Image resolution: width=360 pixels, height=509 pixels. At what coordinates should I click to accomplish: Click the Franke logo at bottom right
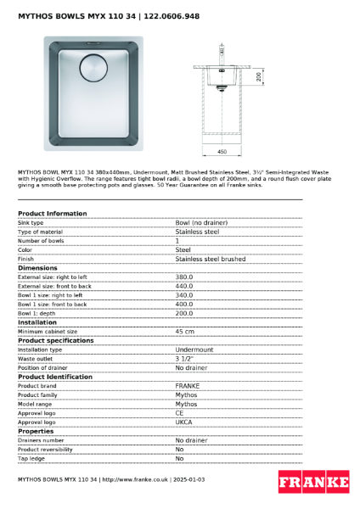pos(313,482)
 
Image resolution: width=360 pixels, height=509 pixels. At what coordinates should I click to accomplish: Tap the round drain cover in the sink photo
pos(91,67)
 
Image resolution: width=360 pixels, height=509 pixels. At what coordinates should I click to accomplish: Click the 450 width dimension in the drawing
pos(222,151)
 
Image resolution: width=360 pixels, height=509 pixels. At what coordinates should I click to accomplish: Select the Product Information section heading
pos(52,214)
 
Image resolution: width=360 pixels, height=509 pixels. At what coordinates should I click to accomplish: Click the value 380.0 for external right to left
pos(184,277)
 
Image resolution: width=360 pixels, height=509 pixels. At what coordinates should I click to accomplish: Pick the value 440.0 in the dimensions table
pos(184,286)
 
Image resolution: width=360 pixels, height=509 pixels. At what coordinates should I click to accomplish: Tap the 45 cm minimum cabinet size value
pos(185,331)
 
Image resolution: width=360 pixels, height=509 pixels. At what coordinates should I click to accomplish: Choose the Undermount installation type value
pos(194,350)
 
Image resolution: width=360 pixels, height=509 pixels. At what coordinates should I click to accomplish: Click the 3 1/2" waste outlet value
pos(186,359)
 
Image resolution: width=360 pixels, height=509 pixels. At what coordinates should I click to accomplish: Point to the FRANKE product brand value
pos(188,385)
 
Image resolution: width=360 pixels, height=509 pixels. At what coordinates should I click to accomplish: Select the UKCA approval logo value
pos(185,422)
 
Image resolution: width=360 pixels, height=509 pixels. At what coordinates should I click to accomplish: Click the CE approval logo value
pos(180,412)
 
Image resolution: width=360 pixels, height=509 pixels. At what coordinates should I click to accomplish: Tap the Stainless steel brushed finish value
pos(211,259)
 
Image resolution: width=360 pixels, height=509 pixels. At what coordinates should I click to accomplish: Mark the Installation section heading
pos(37,322)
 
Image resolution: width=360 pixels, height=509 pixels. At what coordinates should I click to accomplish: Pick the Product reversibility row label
pos(45,450)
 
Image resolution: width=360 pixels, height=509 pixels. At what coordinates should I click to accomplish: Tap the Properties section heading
pos(36,431)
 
